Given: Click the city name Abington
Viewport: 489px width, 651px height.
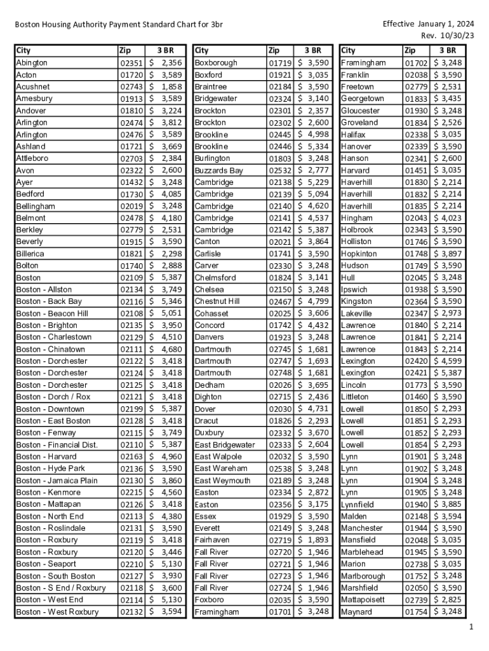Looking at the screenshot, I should (x=32, y=63).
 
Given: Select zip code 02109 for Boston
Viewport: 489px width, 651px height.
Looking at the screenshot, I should (x=131, y=278).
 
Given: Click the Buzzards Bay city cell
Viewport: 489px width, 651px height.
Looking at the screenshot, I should (x=218, y=170).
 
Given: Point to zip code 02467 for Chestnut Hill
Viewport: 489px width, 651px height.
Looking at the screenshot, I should (x=280, y=301).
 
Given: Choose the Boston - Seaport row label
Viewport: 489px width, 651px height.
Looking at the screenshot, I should (x=46, y=564).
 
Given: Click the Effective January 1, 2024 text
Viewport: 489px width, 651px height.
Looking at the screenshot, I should (x=428, y=24).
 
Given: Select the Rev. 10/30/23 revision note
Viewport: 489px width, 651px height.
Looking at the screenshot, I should (x=448, y=36).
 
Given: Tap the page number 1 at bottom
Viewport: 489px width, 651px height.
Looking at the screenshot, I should (x=471, y=627).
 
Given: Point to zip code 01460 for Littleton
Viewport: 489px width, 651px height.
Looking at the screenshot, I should (x=417, y=397).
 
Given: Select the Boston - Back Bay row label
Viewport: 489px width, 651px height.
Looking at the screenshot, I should (x=49, y=301).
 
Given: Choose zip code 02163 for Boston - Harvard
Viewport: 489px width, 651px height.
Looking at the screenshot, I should (x=131, y=456).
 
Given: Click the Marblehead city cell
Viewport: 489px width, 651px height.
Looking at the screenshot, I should (x=362, y=552).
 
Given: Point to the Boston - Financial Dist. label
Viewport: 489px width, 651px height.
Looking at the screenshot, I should (x=57, y=445).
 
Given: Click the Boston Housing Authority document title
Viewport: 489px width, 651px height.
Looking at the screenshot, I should (x=119, y=25).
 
